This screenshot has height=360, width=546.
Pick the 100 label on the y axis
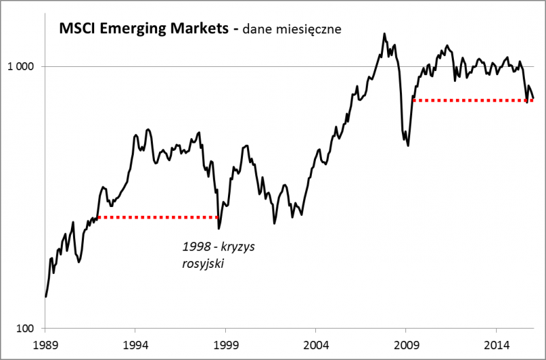[25, 329]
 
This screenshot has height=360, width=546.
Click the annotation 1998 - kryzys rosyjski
[218, 254]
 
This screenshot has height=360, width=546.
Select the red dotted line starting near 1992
[157, 217]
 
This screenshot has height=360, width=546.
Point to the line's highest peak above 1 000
[384, 33]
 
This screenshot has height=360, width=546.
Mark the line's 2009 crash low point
[408, 145]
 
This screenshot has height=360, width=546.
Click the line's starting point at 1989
[45, 296]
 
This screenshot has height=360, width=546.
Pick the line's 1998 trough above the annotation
[218, 228]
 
